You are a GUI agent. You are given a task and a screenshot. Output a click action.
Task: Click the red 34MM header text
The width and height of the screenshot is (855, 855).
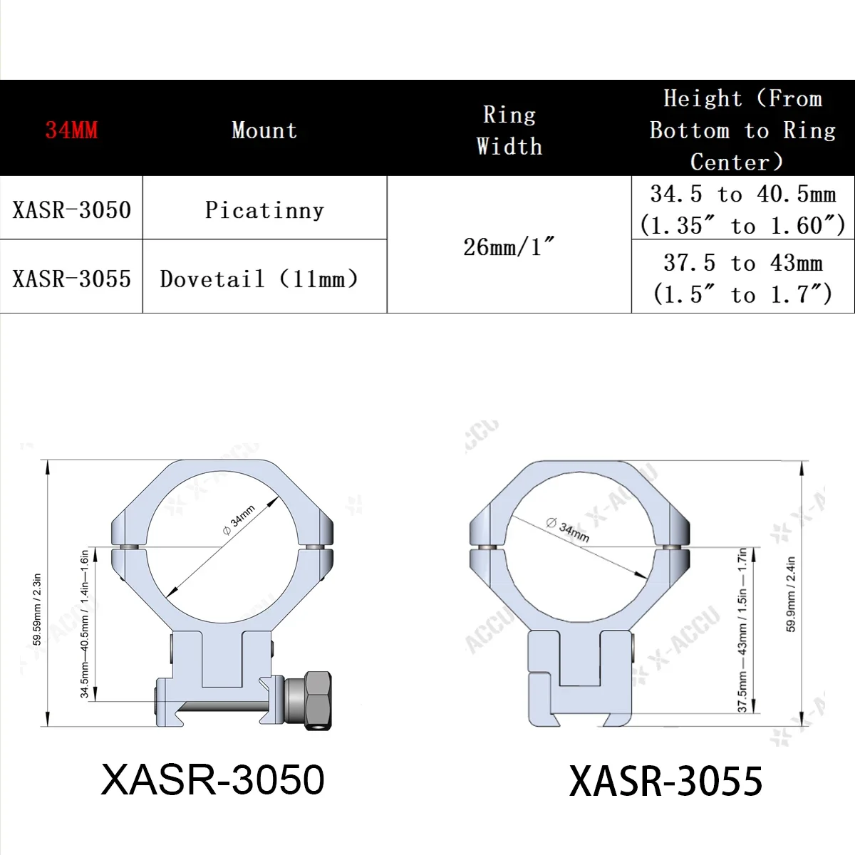[x=71, y=130]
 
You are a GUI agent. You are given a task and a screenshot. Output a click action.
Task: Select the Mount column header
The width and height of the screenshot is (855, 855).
[x=264, y=130]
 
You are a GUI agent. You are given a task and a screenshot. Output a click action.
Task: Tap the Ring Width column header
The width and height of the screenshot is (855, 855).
[x=509, y=130]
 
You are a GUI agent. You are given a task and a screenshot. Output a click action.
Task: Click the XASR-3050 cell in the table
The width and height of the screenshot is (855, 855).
[x=71, y=209]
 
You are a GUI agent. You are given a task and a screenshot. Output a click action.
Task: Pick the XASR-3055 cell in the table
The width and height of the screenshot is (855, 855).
[x=71, y=279]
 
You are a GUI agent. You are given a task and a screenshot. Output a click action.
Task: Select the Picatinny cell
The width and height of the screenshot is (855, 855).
[x=264, y=209]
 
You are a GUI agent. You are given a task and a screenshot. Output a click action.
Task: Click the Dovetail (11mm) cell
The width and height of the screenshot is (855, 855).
[x=259, y=279]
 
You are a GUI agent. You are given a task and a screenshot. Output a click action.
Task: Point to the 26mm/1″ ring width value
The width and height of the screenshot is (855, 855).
[x=509, y=247]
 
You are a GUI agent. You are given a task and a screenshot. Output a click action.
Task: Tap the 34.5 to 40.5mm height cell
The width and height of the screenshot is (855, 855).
[x=742, y=209]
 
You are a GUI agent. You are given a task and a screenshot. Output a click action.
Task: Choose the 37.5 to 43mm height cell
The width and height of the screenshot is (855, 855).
[x=742, y=279]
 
